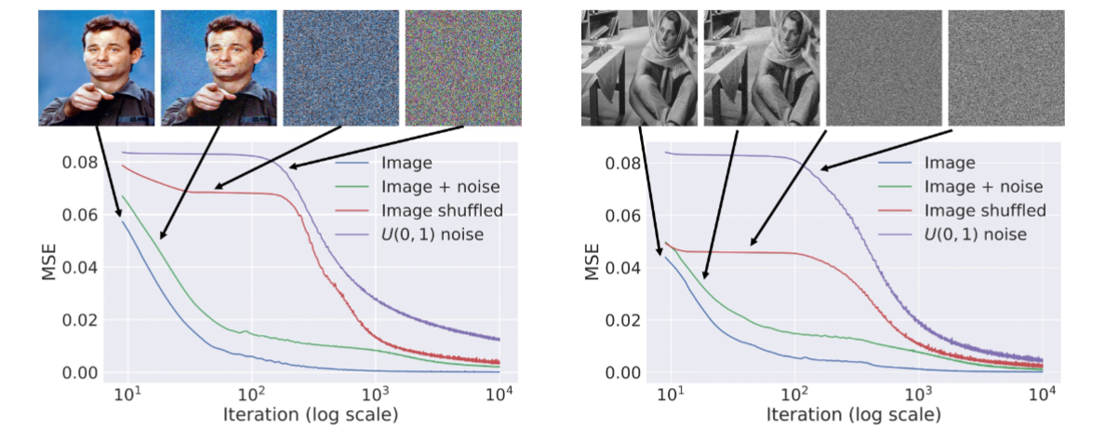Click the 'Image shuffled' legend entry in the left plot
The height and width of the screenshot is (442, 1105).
pos(442,210)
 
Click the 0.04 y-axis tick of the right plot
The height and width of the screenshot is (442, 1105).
pos(623,268)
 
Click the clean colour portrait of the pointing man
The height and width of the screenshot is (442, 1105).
pos(97,67)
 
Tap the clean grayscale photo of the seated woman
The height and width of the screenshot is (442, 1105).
pos(639,67)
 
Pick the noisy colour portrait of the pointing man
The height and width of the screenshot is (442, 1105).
pos(220,67)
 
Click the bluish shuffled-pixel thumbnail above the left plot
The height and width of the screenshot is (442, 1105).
pos(341,67)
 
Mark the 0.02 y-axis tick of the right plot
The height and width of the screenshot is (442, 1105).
pos(623,320)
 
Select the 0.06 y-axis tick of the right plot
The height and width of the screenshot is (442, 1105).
pos(623,216)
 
